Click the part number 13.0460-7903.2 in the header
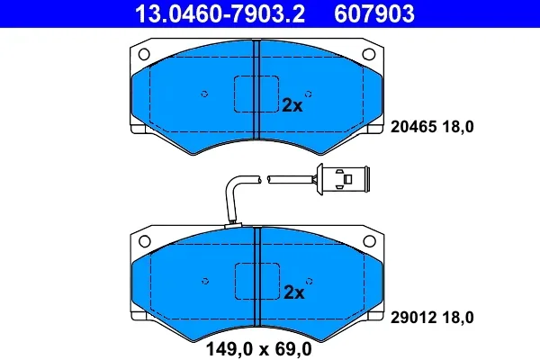[220, 13]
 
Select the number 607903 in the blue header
[374, 13]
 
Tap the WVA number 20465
[414, 127]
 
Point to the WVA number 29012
[414, 318]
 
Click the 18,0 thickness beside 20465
[458, 127]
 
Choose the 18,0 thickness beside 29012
[458, 318]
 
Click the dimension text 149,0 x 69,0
[258, 349]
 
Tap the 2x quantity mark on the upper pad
[292, 105]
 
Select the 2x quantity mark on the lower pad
[293, 292]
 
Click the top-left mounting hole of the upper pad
[144, 54]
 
